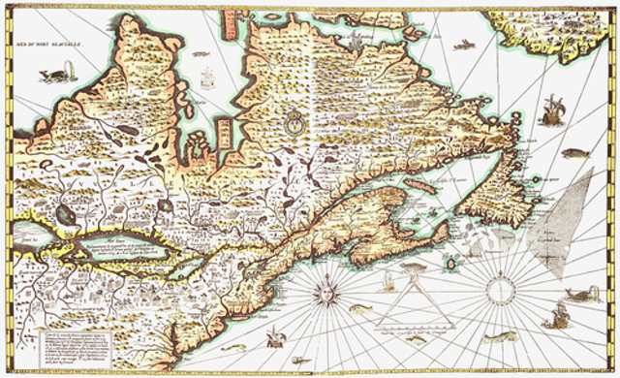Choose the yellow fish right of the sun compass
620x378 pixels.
(x=360, y=308)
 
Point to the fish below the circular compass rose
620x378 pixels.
(x=499, y=336)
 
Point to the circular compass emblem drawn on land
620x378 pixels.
(x=293, y=123)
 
